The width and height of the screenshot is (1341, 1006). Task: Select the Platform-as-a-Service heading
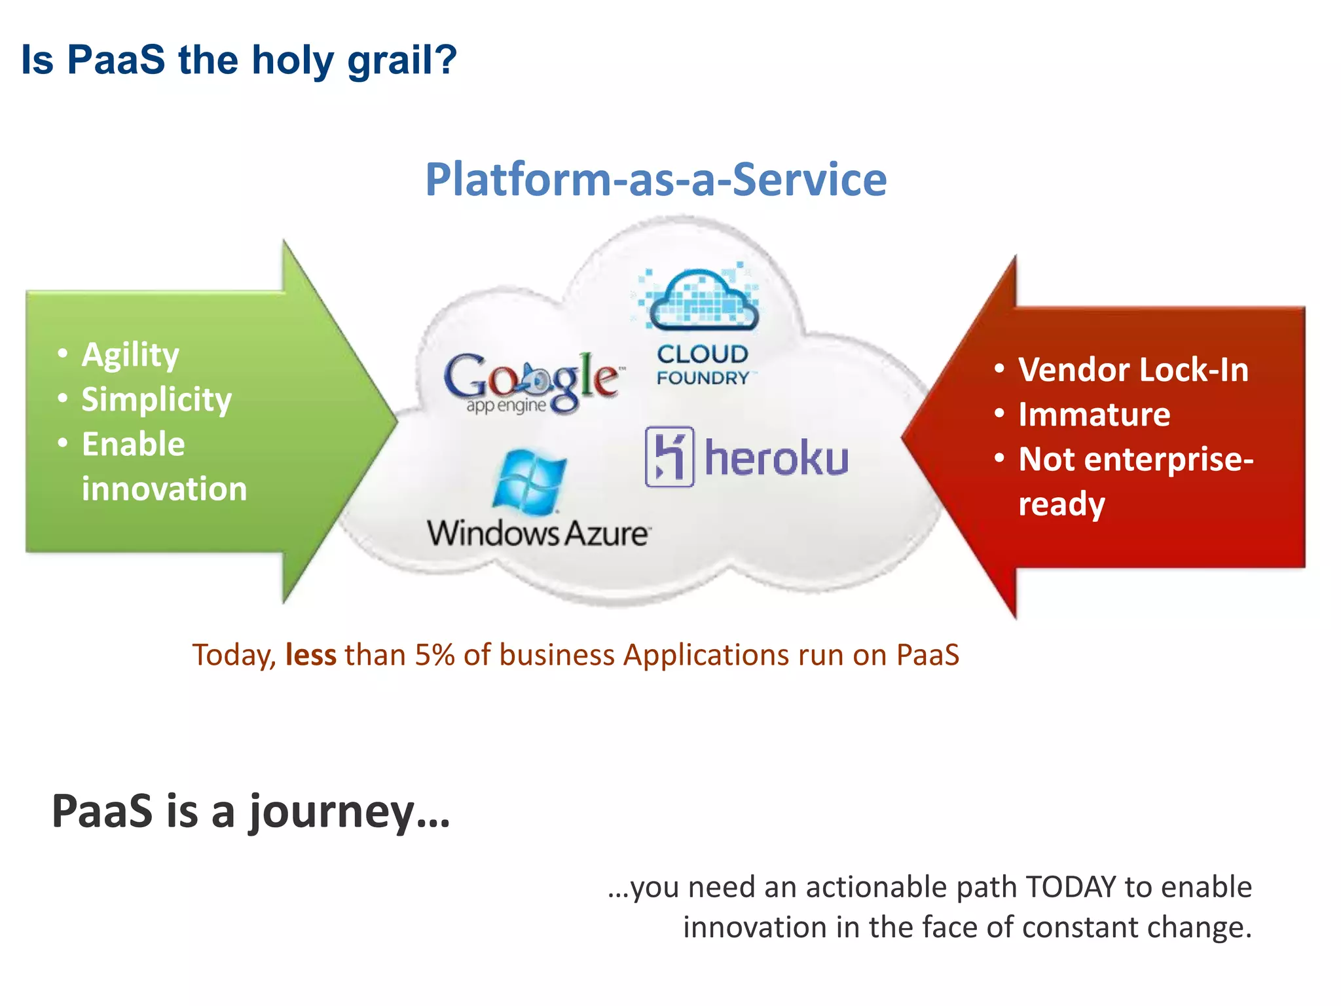click(x=655, y=179)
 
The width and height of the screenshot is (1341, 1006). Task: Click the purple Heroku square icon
click(x=669, y=457)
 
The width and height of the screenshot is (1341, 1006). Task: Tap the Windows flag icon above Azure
click(x=529, y=482)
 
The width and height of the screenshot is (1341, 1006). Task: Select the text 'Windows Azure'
click(x=538, y=533)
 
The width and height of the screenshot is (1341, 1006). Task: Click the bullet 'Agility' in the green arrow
click(x=130, y=355)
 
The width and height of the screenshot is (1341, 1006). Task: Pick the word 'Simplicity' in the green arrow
click(x=156, y=400)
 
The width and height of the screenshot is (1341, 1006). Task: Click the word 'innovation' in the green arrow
click(x=164, y=489)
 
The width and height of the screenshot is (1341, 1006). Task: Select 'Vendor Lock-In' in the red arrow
click(x=1133, y=370)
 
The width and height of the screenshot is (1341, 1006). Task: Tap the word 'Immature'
click(x=1094, y=415)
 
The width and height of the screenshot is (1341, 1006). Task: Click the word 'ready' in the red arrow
click(x=1061, y=504)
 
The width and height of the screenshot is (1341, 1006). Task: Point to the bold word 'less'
click(x=310, y=655)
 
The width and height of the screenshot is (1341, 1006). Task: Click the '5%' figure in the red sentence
click(x=434, y=655)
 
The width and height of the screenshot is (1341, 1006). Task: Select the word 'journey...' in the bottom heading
click(x=349, y=812)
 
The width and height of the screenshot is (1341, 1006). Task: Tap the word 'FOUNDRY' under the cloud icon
click(x=703, y=378)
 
